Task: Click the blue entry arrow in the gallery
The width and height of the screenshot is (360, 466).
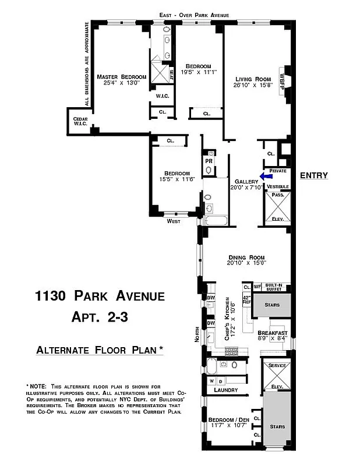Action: pos(266,176)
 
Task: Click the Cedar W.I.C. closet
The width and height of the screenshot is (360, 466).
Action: pos(80,121)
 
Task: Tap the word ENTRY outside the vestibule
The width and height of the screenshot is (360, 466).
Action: pos(314,176)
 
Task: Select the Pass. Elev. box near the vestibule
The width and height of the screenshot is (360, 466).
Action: pos(278,207)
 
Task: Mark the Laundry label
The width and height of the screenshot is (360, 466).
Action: pos(225,390)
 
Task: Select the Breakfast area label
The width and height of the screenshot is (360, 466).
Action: pos(272,334)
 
